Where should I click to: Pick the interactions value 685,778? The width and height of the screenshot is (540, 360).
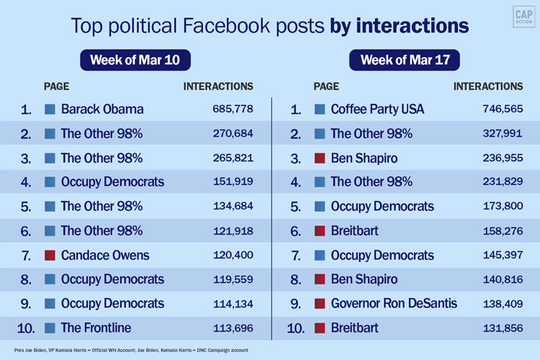click(233, 109)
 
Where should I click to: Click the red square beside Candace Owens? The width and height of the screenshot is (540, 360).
click(50, 255)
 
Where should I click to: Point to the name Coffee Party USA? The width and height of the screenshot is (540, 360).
click(377, 109)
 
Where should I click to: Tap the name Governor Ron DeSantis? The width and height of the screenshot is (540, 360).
click(394, 303)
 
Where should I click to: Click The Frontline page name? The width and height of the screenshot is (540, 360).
click(96, 328)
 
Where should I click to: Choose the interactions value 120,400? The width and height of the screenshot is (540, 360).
click(233, 255)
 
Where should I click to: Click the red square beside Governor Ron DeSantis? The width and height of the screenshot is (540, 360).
click(320, 303)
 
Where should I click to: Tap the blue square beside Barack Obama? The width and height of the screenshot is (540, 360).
click(50, 109)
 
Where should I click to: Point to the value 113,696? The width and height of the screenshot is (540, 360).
click(233, 328)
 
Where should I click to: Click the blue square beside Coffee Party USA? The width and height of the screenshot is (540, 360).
click(320, 109)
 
